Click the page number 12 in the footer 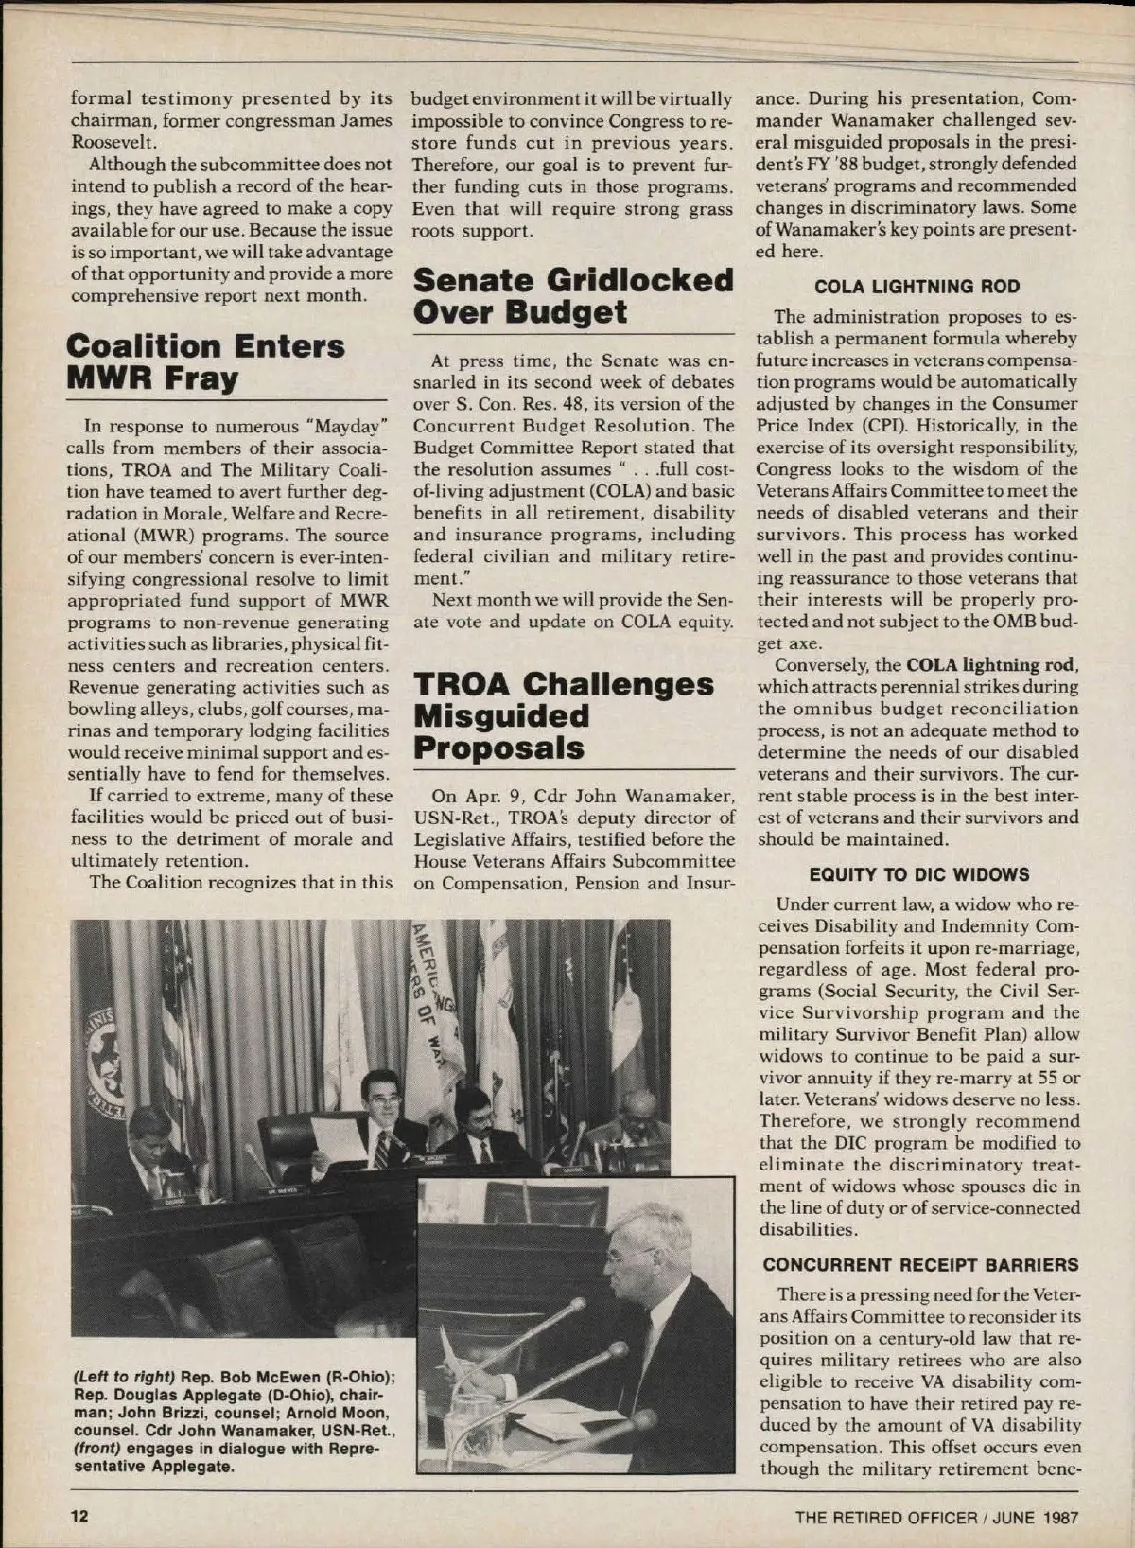79,1516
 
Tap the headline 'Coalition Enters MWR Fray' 205,362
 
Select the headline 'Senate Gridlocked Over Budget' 573,296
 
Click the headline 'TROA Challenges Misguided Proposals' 564,716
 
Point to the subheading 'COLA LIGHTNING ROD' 917,287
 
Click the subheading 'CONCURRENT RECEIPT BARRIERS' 920,1265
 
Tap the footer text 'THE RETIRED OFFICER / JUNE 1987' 935,1517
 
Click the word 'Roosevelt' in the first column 107,142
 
